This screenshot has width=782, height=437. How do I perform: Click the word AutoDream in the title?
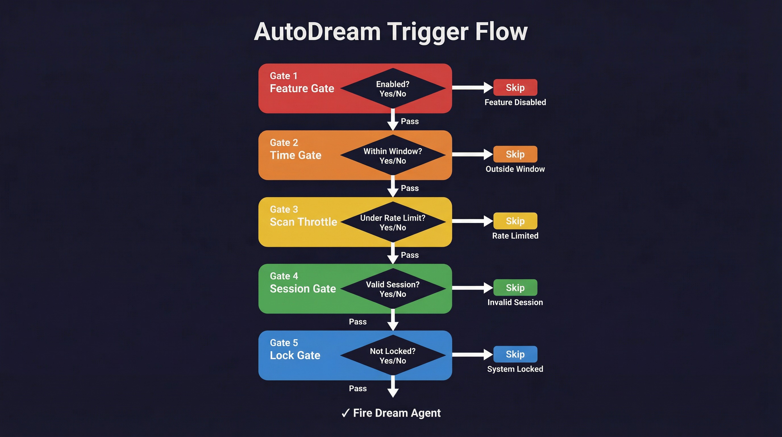[317, 32]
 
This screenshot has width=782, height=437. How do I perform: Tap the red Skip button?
[515, 88]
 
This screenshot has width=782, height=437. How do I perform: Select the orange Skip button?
[515, 154]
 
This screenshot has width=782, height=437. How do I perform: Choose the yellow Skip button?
[515, 221]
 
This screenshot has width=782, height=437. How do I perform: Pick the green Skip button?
[515, 287]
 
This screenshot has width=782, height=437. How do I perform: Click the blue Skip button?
[515, 354]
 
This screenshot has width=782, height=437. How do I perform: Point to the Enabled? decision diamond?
[392, 88]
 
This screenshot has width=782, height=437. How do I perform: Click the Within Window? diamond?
[392, 155]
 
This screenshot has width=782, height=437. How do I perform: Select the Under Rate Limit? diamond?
[392, 222]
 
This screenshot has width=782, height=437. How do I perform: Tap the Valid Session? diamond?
[392, 289]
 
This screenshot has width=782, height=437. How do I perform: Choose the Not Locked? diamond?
[392, 355]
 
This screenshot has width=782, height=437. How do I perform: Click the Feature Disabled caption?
[515, 102]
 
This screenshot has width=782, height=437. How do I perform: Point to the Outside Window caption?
[515, 169]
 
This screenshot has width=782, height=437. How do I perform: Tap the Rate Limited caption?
[515, 236]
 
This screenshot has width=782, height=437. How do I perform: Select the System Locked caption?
[515, 369]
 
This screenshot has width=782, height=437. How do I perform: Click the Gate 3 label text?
[284, 209]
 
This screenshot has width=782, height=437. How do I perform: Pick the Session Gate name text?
[303, 289]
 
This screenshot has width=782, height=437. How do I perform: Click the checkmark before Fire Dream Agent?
[346, 413]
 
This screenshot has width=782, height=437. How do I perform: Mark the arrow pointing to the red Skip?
[472, 88]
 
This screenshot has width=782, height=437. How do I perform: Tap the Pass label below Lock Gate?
[357, 388]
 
